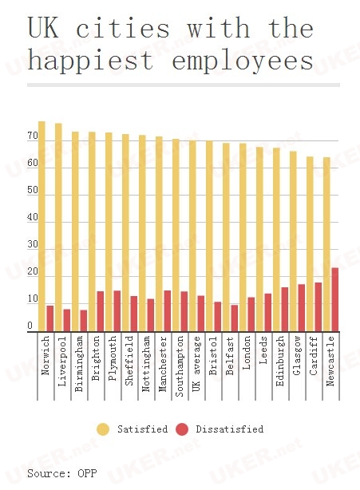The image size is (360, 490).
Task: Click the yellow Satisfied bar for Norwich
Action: (42, 227)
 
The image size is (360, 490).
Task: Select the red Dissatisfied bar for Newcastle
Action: (334, 299)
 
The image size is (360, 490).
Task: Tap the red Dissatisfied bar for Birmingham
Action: (84, 321)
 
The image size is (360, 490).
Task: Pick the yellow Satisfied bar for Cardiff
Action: (310, 244)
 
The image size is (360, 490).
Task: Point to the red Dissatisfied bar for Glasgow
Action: (301, 308)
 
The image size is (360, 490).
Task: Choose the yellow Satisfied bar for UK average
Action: (192, 236)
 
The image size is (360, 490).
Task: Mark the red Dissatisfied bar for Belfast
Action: (235, 318)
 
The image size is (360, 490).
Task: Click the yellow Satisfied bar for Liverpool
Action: (58, 227)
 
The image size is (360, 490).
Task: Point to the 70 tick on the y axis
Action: (33, 136)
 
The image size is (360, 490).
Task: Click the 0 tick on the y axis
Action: (30, 326)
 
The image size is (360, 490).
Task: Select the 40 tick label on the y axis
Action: (33, 217)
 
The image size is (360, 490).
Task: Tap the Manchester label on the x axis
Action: (163, 364)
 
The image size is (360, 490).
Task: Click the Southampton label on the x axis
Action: (180, 366)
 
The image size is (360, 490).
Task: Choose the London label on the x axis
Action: (247, 353)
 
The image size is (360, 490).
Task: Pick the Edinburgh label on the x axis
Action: (280, 361)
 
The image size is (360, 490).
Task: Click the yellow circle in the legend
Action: (103, 429)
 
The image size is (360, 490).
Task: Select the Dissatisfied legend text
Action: (230, 429)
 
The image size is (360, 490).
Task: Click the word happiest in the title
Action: (91, 61)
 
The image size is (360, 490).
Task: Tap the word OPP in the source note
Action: (87, 473)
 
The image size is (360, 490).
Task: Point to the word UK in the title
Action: (43, 28)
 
